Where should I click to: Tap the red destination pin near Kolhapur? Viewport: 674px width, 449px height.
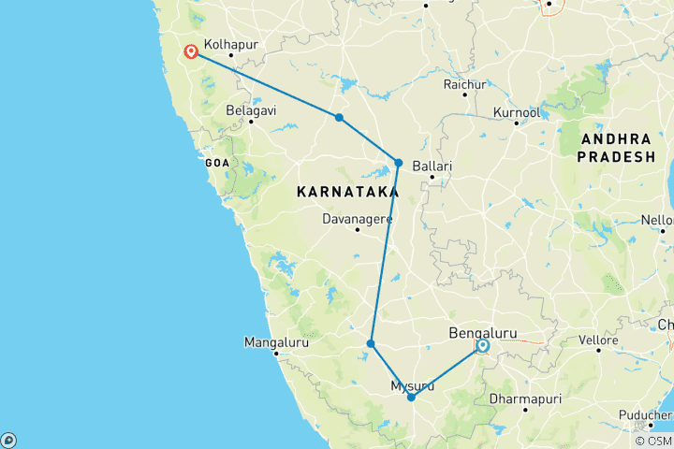click(x=191, y=51)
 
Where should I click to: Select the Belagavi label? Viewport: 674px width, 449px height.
click(x=251, y=110)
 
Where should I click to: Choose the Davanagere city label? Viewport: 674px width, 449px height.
click(x=357, y=220)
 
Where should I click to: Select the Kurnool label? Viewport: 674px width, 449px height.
click(x=517, y=112)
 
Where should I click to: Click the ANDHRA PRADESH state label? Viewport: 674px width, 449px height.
click(x=616, y=148)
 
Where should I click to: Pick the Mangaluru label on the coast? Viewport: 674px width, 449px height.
click(x=276, y=342)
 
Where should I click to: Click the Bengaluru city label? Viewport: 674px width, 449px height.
click(x=483, y=333)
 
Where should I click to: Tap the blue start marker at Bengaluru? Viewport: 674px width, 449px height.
click(x=482, y=347)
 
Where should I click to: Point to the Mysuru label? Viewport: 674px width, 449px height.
click(x=412, y=385)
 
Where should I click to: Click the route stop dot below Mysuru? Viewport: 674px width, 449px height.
click(x=411, y=398)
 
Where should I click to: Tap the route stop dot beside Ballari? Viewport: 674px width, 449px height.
click(x=398, y=163)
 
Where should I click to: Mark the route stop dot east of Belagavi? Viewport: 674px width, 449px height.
click(x=339, y=118)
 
